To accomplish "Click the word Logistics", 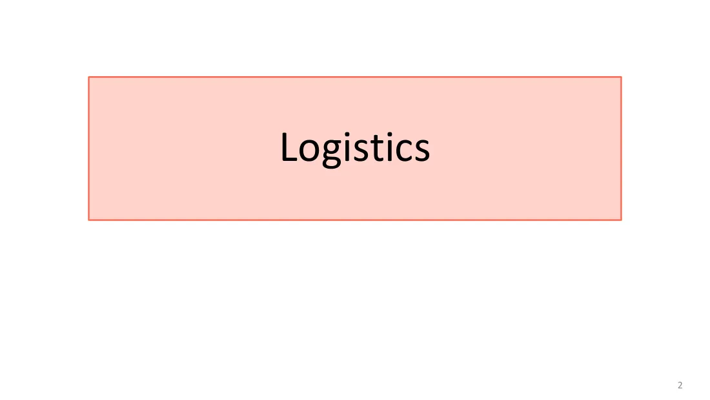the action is pos(355,148).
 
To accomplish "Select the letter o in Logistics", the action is pos(309,151).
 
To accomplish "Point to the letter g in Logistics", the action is pos(332,154).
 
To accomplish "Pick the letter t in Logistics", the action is pos(378,149).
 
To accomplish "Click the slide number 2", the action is pos(680,385).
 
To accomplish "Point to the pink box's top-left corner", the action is pos(89,77).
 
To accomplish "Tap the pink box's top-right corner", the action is pos(621,77).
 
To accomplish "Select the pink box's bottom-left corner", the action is pos(89,220).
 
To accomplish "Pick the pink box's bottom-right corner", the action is pos(621,220).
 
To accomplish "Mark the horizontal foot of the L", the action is pos(289,159).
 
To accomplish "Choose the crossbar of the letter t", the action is pos(378,142).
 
